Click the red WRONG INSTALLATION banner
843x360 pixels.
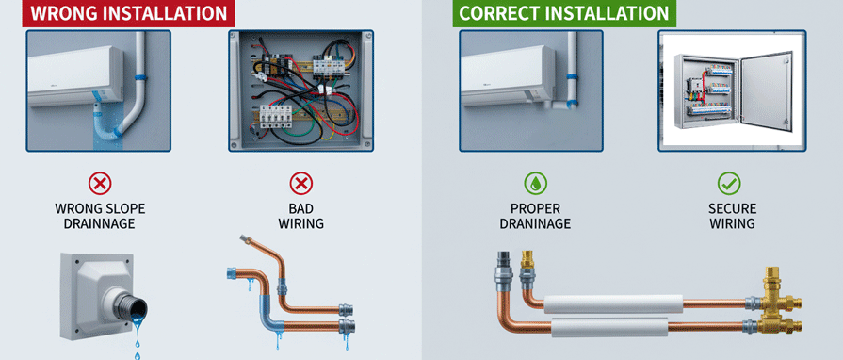128,13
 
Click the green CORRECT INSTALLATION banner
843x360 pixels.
564,13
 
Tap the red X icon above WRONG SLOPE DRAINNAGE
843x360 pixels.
100,184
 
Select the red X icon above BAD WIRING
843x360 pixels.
301,184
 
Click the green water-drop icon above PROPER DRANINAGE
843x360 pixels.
535,184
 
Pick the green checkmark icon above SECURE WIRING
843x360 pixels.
729,184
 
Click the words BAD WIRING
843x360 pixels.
301,216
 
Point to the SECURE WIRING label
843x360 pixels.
732,216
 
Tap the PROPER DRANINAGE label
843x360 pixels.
535,216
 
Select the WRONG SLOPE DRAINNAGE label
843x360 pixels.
100,216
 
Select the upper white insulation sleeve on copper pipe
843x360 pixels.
613,304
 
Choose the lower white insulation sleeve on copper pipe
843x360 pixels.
609,327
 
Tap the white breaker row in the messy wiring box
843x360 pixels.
276,116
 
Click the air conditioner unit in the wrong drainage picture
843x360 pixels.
75,76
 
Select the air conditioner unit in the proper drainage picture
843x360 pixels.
508,76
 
